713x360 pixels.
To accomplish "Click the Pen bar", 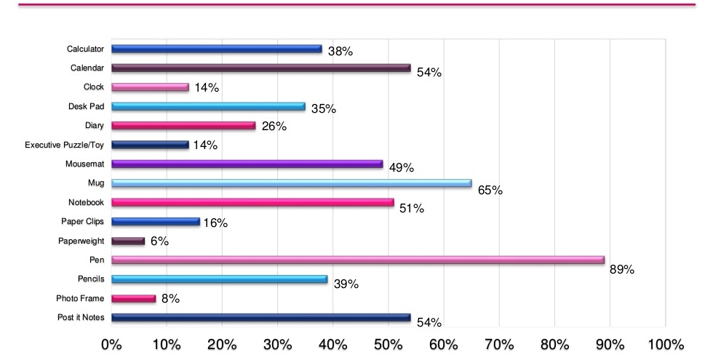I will pos(358,260).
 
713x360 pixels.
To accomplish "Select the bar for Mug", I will pos(291,183).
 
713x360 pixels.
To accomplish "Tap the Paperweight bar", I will pos(128,240).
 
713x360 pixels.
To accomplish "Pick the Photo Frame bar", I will pos(133,297).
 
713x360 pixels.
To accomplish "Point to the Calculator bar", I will pos(216,49).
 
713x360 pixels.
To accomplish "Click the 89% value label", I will pos(622,269).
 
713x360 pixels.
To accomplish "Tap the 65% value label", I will pos(490,191).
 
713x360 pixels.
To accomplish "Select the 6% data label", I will pos(159,241).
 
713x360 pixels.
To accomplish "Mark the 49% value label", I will pos(401,168).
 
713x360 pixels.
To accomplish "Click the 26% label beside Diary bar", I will pos(274,126).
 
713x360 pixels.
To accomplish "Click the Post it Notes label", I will pos(80,317).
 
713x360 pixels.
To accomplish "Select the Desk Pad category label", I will pos(88,106).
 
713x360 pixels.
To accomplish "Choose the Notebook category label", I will pos(86,202).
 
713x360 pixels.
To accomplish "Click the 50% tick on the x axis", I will pos(387,344).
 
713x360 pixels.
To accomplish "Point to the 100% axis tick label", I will pos(664,344).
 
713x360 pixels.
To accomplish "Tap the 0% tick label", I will pos(111,344).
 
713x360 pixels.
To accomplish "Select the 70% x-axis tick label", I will pos(498,344).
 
